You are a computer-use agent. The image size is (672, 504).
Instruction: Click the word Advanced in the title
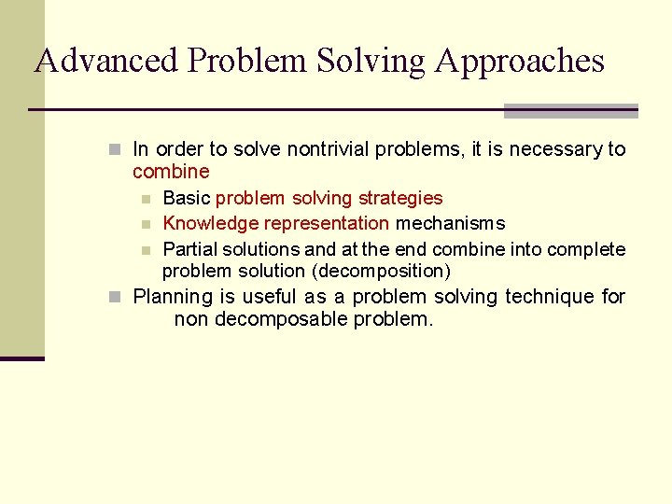pyautogui.click(x=105, y=61)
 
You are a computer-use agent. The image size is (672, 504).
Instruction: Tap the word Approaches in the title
pyautogui.click(x=519, y=61)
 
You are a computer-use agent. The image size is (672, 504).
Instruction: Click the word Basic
pyautogui.click(x=186, y=198)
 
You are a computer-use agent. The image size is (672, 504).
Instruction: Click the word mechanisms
pyautogui.click(x=450, y=223)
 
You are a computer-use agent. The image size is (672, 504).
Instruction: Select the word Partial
pyautogui.click(x=191, y=249)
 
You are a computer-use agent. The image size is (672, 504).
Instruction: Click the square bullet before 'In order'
pyautogui.click(x=114, y=149)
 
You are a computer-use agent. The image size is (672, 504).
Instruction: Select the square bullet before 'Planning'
pyautogui.click(x=114, y=297)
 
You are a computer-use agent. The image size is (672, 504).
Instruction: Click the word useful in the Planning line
pyautogui.click(x=272, y=297)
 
